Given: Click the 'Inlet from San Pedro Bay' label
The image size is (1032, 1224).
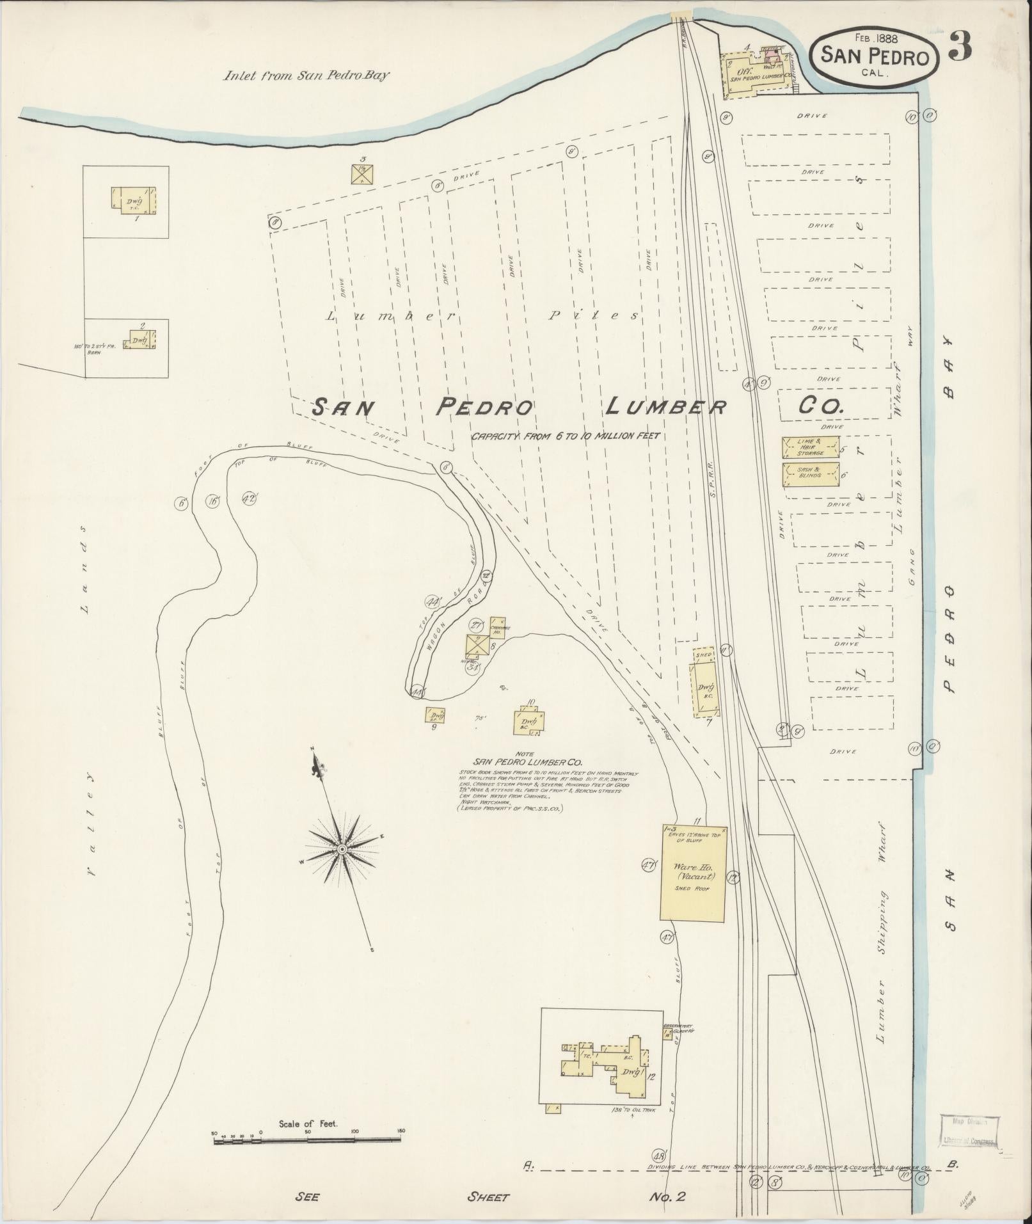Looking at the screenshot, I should pyautogui.click(x=306, y=76).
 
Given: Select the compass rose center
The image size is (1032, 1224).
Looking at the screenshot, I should pyautogui.click(x=342, y=848).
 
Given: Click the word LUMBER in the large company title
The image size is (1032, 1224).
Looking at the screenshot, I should pyautogui.click(x=665, y=407).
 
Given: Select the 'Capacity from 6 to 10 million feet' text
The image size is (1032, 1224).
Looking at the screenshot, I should pyautogui.click(x=565, y=436).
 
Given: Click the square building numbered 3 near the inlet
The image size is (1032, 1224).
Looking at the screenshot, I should pyautogui.click(x=362, y=173).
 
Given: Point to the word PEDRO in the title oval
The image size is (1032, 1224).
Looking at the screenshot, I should pyautogui.click(x=901, y=58).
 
